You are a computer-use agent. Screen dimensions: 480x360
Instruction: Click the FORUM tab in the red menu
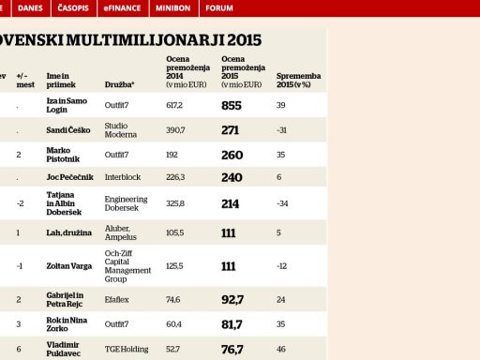tap(219, 8)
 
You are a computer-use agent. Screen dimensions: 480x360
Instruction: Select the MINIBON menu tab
tap(173, 8)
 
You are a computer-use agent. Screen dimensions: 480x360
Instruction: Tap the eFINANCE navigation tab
tap(122, 8)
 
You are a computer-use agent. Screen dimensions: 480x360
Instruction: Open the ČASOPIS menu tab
tap(73, 8)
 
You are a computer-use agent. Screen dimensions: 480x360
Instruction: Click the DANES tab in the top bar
tap(30, 8)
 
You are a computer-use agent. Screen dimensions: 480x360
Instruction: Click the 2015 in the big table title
tap(244, 40)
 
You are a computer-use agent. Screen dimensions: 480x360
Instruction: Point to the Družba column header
tap(119, 84)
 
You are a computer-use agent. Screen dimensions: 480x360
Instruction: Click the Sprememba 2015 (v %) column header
tap(298, 81)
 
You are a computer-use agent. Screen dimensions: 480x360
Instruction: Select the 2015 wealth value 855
tap(232, 106)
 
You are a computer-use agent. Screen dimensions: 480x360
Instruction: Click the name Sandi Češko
tap(68, 130)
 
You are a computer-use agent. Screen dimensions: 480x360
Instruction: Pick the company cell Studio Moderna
tap(121, 130)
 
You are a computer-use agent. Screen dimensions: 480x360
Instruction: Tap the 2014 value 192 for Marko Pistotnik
tap(172, 155)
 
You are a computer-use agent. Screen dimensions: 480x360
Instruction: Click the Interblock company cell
tap(123, 177)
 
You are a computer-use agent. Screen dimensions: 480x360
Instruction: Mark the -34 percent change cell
tap(282, 203)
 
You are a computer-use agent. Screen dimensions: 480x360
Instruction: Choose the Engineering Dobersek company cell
tap(126, 203)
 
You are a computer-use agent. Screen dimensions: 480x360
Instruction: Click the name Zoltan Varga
tap(69, 266)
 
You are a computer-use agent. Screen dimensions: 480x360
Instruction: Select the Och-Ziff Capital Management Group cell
tap(127, 266)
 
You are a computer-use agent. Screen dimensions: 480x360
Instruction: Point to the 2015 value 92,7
tap(232, 300)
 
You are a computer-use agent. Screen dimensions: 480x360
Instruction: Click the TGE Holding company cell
tap(127, 349)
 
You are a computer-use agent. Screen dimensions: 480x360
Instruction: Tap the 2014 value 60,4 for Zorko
tap(173, 324)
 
